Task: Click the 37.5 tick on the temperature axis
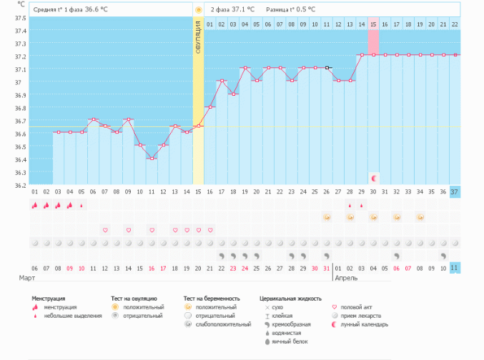[x=21, y=18]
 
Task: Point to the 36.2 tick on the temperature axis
[x=21, y=185]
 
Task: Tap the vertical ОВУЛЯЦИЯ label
[x=198, y=43]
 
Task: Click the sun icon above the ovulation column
[x=198, y=10]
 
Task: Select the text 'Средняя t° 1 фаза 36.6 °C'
[x=70, y=10]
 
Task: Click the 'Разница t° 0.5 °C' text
[x=291, y=10]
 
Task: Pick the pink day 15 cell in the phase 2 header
[x=373, y=24]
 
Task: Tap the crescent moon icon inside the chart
[x=373, y=176]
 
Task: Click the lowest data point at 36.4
[x=152, y=159]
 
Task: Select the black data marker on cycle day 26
[x=327, y=68]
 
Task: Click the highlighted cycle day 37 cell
[x=455, y=191]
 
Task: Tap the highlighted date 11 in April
[x=455, y=268]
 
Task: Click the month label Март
[x=26, y=276]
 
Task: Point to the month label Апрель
[x=345, y=276]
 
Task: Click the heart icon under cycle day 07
[x=105, y=230]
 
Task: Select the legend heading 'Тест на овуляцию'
[x=134, y=299]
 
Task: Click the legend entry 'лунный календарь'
[x=365, y=324]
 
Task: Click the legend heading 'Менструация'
[x=49, y=299]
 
